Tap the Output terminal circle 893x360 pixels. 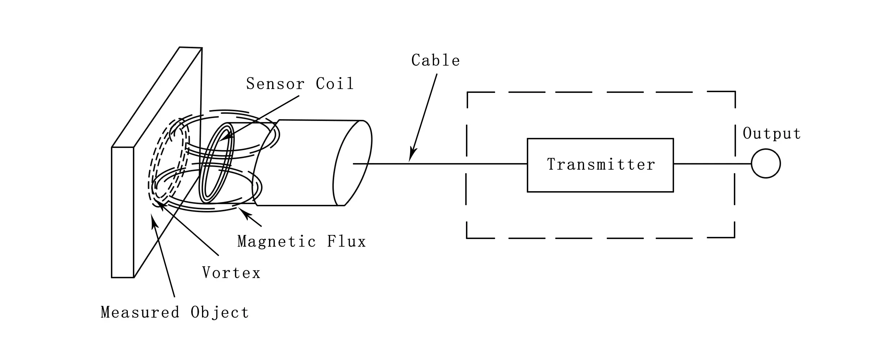coord(766,163)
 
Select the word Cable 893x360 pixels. coord(436,60)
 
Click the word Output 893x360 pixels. coord(772,134)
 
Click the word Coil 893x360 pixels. coord(335,84)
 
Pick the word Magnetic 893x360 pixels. coord(277,242)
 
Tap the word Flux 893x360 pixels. coord(346,242)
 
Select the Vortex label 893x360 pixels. coord(231,273)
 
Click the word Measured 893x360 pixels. coord(140,312)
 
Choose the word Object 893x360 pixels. coord(220,312)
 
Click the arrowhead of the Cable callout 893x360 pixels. coord(411,157)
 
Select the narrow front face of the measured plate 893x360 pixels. coord(122,212)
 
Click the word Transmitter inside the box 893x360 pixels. coord(601,165)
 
